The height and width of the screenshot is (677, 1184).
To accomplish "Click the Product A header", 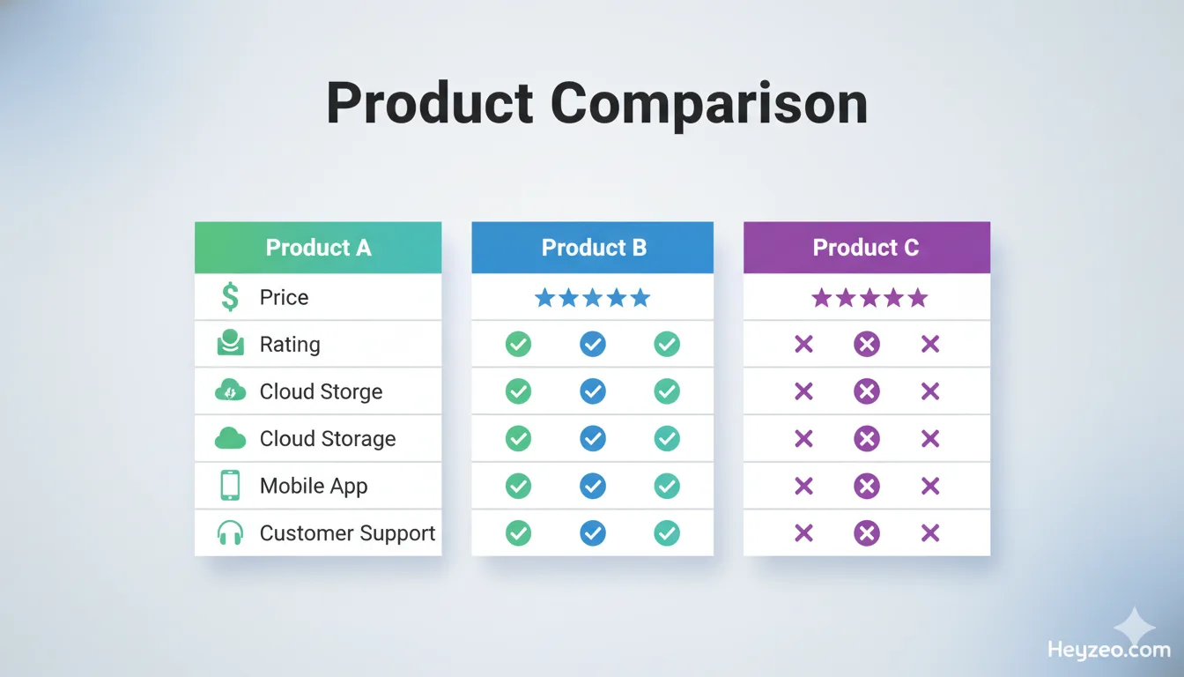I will click(318, 248).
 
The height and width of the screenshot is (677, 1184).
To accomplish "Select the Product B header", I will click(593, 248).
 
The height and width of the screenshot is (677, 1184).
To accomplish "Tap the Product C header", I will click(866, 248).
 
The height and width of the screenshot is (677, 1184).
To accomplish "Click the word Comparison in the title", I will click(709, 104).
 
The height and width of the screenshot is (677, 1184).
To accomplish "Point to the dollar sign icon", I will click(230, 297).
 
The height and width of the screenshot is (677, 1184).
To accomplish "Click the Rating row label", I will click(289, 345).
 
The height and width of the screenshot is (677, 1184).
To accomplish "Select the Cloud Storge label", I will click(321, 391).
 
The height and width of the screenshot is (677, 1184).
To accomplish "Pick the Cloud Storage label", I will click(327, 439).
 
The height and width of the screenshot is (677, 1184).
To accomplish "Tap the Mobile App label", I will click(313, 486).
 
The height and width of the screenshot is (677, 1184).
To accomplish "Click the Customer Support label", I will click(347, 533).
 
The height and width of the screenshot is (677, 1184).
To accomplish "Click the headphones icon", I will click(230, 533).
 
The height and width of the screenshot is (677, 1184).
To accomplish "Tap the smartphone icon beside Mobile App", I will click(230, 486).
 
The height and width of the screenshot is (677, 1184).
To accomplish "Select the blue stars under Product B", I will click(592, 298).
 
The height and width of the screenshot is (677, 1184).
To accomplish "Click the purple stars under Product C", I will click(869, 298).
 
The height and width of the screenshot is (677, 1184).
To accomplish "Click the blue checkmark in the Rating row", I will click(593, 345).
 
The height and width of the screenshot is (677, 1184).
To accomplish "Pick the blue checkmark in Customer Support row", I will click(593, 533).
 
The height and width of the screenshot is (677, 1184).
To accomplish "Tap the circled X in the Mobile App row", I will click(867, 486).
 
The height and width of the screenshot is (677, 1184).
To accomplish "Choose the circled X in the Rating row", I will click(867, 345).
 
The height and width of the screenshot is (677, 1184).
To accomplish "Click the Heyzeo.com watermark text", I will click(1108, 651).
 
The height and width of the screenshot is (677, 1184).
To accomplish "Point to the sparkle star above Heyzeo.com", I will click(1134, 627).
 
